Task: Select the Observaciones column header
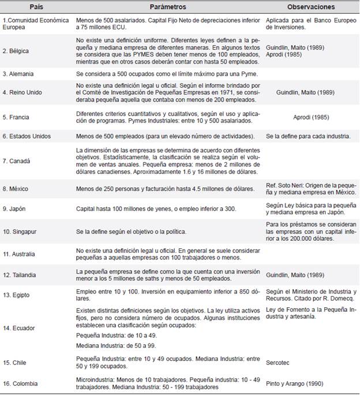[x=312, y=7]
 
